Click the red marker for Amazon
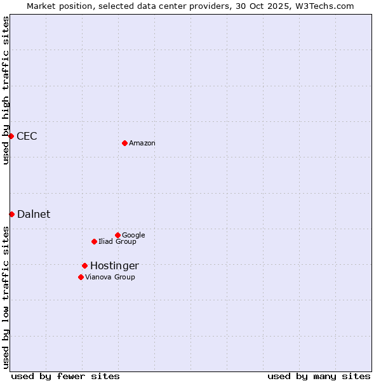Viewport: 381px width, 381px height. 124,143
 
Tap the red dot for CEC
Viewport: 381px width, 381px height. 11,136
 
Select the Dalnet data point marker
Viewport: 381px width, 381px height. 11,214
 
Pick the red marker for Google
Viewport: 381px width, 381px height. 117,235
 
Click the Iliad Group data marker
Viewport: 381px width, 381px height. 94,241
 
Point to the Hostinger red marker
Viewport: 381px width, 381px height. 84,265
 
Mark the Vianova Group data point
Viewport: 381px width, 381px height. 81,277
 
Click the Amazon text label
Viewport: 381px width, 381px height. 142,144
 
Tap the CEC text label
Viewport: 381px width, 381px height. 27,137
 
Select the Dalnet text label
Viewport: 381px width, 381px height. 34,215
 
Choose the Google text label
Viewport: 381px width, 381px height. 133,236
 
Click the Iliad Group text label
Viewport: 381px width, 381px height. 117,242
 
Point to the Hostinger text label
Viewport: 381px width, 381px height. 114,266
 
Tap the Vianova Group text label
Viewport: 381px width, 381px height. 110,277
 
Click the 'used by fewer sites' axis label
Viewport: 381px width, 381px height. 65,377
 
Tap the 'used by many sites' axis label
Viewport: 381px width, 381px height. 319,377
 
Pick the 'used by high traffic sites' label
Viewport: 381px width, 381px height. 6,91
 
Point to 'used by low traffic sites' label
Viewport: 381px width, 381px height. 6,297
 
